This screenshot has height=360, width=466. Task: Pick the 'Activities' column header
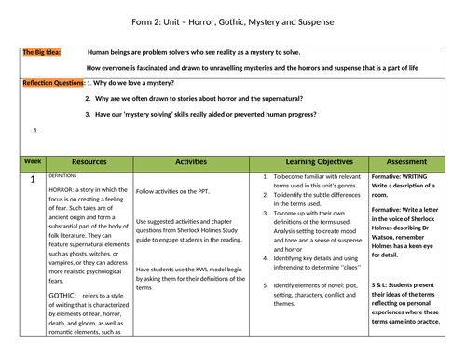pyautogui.click(x=190, y=162)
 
